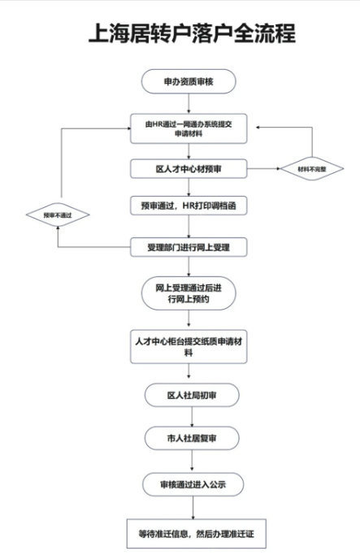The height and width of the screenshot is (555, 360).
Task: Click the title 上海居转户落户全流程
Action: pos(192,33)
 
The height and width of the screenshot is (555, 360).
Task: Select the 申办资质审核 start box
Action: pos(189,81)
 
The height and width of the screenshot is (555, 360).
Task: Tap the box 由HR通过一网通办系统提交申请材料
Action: pos(189,129)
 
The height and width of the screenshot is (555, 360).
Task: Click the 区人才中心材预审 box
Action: pos(189,169)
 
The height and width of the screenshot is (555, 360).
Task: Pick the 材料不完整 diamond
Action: pos(312,169)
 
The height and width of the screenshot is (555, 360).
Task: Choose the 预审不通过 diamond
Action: pos(58,215)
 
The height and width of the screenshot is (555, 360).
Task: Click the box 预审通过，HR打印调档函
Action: pos(189,206)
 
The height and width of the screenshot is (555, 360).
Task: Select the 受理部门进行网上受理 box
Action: pos(189,247)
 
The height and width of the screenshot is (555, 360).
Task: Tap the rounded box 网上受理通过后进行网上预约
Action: pos(189,293)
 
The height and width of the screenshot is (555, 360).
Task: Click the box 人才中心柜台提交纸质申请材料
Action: pos(189,347)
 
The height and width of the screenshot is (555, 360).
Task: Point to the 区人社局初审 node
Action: pos(192,395)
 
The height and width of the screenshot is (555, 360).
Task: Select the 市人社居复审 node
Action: pos(192,438)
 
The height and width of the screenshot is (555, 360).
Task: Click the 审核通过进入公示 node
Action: pos(193,484)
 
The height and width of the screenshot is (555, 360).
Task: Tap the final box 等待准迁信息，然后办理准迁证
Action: pos(197,534)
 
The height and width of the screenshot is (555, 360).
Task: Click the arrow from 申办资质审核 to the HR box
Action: pos(189,104)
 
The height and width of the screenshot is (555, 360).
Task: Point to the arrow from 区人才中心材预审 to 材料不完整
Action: pos(264,169)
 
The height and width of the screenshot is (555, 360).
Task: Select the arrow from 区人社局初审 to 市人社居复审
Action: pos(193,417)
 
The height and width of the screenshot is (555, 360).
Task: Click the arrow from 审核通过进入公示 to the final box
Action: pos(193,508)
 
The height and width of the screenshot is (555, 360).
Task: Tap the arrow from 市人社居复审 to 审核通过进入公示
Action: pos(193,462)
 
